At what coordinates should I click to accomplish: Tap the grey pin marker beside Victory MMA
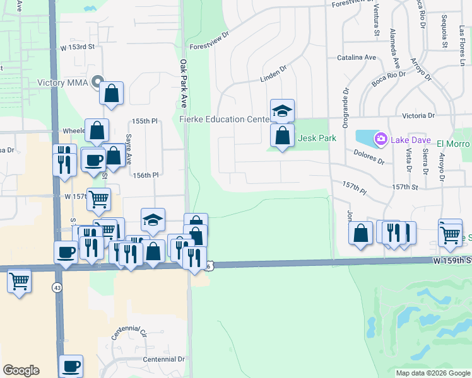point(97,82)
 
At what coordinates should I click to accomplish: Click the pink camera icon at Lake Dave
point(381,138)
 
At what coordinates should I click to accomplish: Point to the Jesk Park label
point(317,138)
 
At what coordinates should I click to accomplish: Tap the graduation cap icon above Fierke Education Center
point(282,111)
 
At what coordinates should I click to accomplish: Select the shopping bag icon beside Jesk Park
point(282,135)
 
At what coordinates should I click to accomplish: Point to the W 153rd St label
point(77,47)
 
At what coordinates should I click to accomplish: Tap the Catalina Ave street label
point(356,57)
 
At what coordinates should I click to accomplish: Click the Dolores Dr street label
point(369,156)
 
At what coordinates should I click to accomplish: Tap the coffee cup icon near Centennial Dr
point(71,365)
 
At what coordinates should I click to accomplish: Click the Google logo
point(21,370)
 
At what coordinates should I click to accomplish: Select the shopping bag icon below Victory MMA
point(112,93)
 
